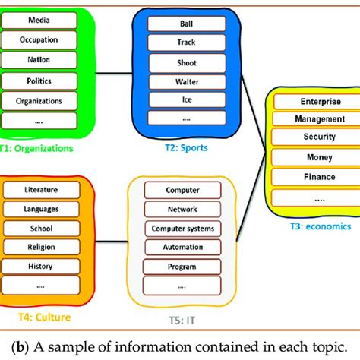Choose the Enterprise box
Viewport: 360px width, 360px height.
(x=314, y=100)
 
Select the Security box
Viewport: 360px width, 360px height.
(x=314, y=137)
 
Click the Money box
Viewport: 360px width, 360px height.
(x=314, y=156)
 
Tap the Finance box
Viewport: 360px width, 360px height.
(x=314, y=176)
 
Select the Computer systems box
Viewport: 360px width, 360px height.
(x=182, y=228)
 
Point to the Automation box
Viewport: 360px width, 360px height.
(x=182, y=247)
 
